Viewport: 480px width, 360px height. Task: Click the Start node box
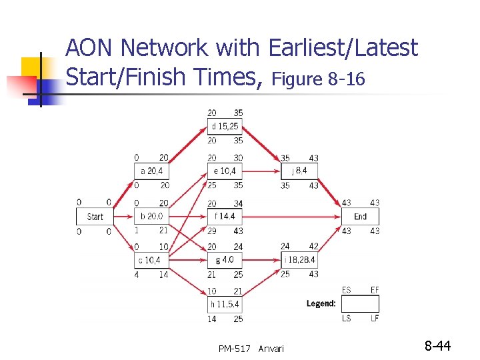[x=95, y=217]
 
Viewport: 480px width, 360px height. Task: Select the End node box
[x=360, y=217]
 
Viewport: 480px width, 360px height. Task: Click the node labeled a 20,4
[x=152, y=171]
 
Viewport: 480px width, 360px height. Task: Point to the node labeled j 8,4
[x=299, y=171]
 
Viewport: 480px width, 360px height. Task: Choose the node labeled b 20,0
[x=152, y=217]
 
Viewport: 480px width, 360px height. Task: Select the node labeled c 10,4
[x=152, y=260]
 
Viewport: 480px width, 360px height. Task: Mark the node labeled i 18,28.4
[x=299, y=260]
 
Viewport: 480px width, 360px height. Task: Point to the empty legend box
[x=360, y=304]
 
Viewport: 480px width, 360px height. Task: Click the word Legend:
[x=321, y=304]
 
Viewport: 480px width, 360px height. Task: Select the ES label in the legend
[x=347, y=290]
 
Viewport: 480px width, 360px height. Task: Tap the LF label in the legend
[x=375, y=319]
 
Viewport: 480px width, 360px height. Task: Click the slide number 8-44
[x=438, y=345]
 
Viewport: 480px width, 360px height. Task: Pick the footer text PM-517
[x=235, y=349]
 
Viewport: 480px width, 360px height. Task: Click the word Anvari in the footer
[x=271, y=349]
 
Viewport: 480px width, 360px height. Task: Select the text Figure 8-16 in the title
[x=319, y=80]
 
